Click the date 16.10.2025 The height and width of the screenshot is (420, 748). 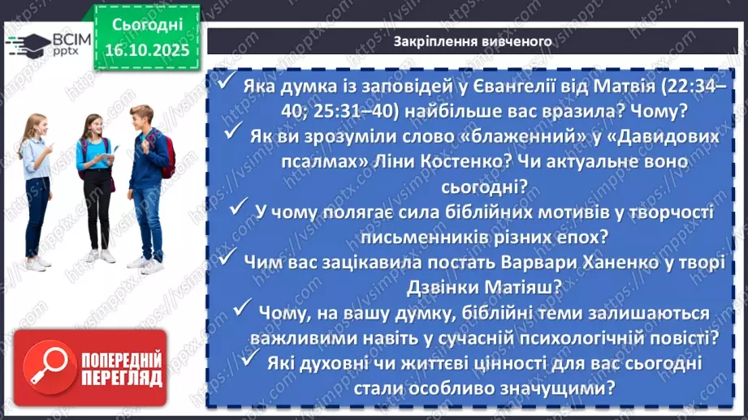(x=147, y=49)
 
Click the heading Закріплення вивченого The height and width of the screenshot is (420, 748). (x=473, y=41)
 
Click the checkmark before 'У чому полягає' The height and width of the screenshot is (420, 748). (x=239, y=209)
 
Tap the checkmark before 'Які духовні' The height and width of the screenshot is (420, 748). (x=252, y=359)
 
